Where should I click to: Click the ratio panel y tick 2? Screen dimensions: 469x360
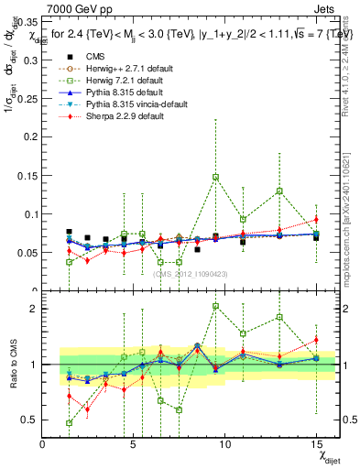(x=33, y=309)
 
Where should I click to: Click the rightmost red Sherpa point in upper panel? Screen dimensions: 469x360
(x=316, y=219)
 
